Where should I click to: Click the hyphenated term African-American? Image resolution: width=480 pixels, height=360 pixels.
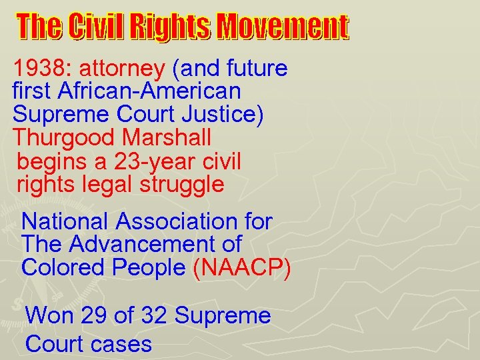[x=149, y=91]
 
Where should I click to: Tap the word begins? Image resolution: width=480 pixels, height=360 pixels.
[x=51, y=162]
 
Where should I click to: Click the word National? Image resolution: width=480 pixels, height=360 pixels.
[x=65, y=221]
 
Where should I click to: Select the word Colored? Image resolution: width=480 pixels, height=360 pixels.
[x=63, y=267]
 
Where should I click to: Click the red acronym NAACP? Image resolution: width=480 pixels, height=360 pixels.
[x=241, y=268]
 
